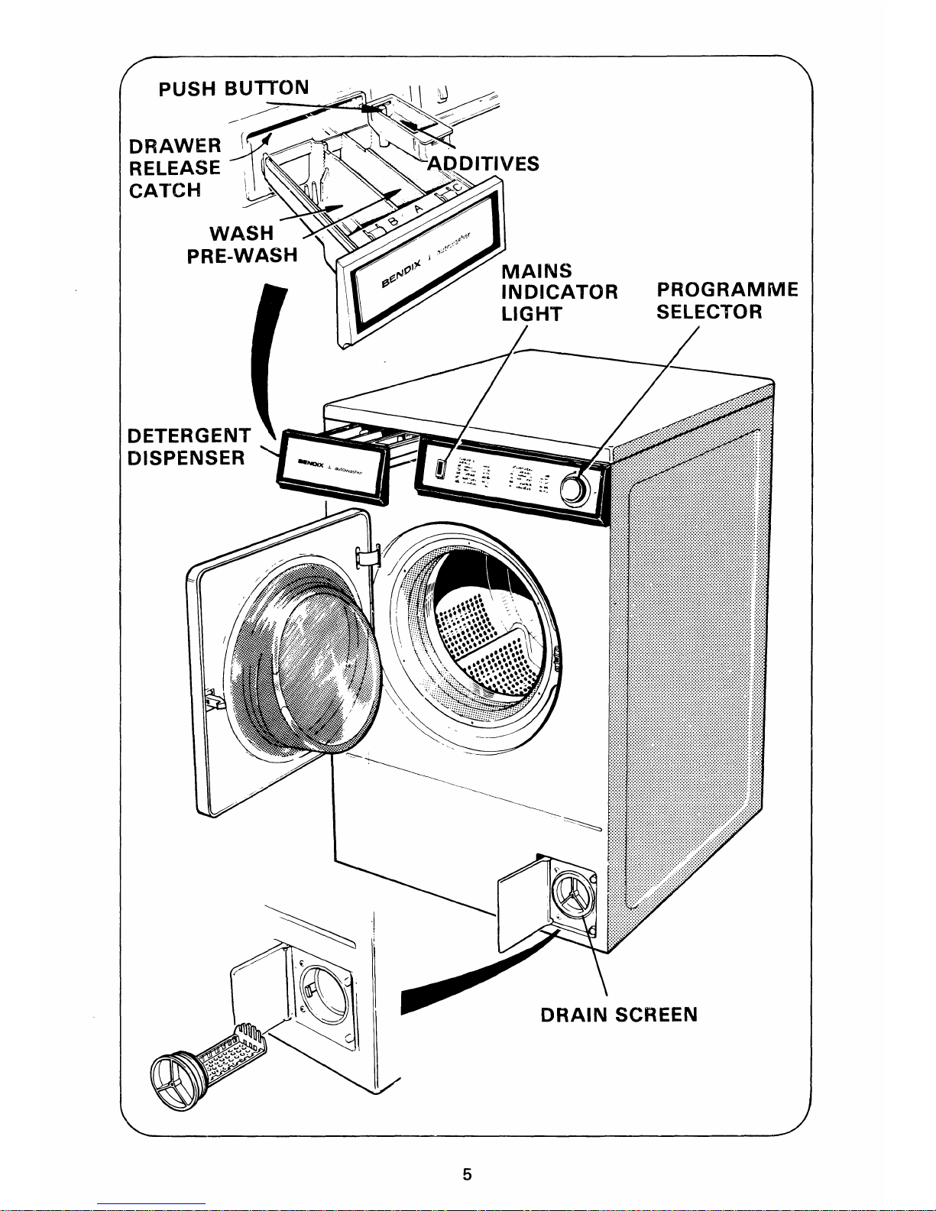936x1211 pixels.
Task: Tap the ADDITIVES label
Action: coord(483,164)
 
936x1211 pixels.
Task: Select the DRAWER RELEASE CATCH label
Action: coord(175,167)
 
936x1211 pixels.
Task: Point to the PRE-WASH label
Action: coord(241,255)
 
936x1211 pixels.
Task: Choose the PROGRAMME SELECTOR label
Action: coord(727,301)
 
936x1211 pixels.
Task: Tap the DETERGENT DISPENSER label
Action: coord(187,446)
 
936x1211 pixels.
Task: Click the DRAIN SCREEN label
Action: coord(618,1015)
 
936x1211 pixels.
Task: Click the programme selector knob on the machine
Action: coord(574,490)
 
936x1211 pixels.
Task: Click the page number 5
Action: coord(468,1174)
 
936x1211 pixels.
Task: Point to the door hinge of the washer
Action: coord(368,557)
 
